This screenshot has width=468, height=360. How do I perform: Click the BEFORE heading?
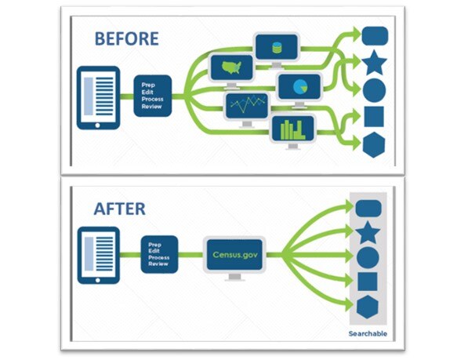(126, 38)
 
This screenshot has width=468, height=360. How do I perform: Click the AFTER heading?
(120, 209)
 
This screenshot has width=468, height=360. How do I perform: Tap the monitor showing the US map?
(231, 71)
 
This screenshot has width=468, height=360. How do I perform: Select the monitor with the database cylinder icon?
(277, 49)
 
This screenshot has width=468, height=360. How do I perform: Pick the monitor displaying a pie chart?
(299, 89)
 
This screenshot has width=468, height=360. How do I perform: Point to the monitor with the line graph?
(247, 109)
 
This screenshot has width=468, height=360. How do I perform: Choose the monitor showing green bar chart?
(293, 131)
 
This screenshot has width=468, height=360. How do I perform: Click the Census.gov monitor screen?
(234, 255)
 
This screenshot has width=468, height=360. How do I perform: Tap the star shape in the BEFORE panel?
(374, 64)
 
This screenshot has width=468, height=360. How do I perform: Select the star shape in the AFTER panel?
(368, 233)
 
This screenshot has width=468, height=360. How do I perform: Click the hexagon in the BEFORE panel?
(374, 145)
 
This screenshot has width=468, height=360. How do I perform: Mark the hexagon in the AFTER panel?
(368, 307)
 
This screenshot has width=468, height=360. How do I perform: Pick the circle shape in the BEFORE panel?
(374, 90)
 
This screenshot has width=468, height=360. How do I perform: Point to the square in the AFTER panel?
(368, 282)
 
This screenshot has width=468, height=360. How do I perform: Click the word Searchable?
(368, 334)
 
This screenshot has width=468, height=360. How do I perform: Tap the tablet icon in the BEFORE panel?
(98, 98)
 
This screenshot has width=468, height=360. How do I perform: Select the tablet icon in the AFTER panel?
(98, 256)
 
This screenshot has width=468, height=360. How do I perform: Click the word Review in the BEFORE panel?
(151, 107)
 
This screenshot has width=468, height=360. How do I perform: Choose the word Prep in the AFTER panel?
(155, 245)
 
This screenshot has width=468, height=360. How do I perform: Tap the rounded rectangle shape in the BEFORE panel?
(375, 36)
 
